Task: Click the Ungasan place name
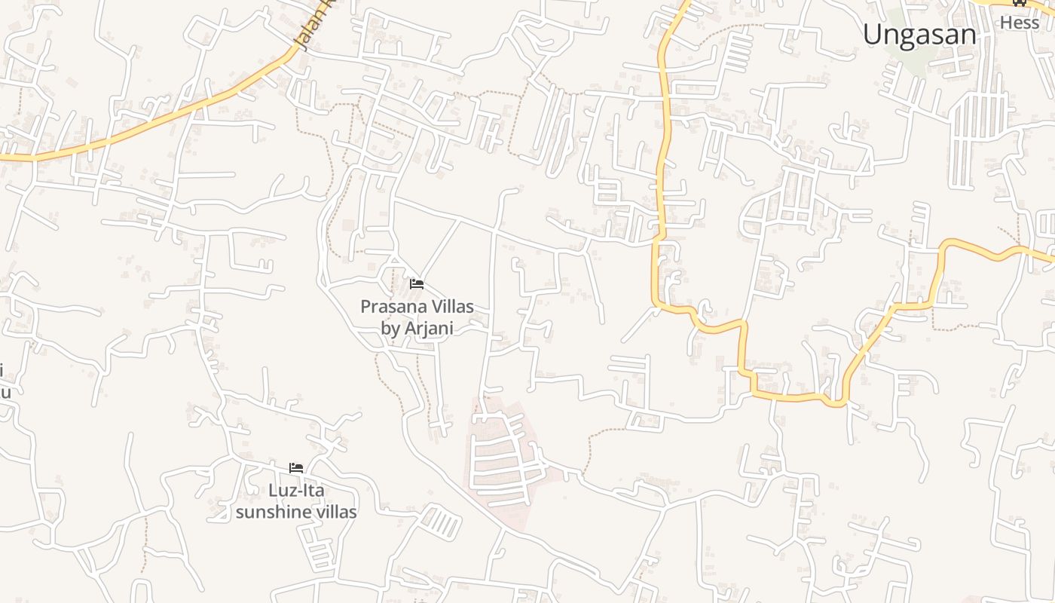(919, 35)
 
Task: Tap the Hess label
(1019, 23)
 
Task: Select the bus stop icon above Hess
(1020, 2)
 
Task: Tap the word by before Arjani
(391, 329)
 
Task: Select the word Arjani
(429, 329)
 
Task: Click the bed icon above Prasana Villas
(417, 284)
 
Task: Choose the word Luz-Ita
(296, 491)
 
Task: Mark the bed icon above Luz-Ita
(296, 468)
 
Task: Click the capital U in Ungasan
(873, 35)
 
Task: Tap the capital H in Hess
(1005, 23)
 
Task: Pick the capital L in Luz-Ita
(273, 491)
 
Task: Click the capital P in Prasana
(365, 307)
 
